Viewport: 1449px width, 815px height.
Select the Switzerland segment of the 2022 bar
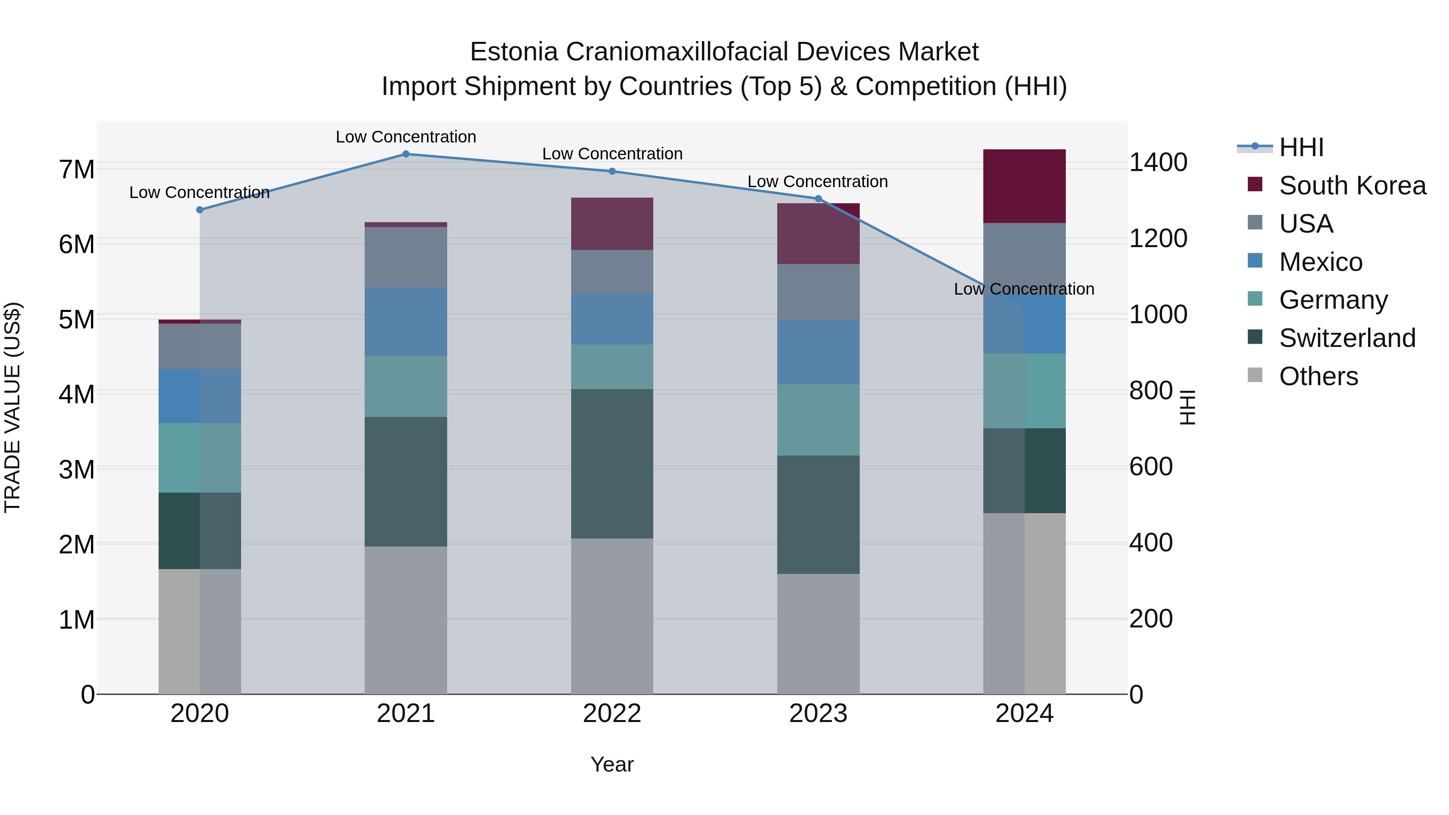point(612,464)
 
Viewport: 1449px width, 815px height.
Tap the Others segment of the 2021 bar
point(406,620)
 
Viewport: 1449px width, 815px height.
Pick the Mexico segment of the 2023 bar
point(818,353)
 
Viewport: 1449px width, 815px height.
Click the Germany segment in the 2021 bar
point(406,386)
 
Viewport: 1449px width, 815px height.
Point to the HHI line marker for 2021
point(406,154)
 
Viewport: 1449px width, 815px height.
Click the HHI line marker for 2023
point(818,198)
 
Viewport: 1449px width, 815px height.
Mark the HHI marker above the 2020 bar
point(200,210)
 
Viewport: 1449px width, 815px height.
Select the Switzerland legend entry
point(1347,338)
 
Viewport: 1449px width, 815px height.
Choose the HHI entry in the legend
point(1300,147)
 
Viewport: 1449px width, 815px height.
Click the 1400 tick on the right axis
point(1158,163)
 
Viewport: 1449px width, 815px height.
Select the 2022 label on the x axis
point(612,714)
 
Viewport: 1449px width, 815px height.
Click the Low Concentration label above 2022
point(612,154)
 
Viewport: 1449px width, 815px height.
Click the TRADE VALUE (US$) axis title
point(12,407)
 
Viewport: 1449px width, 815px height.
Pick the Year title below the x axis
point(612,764)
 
